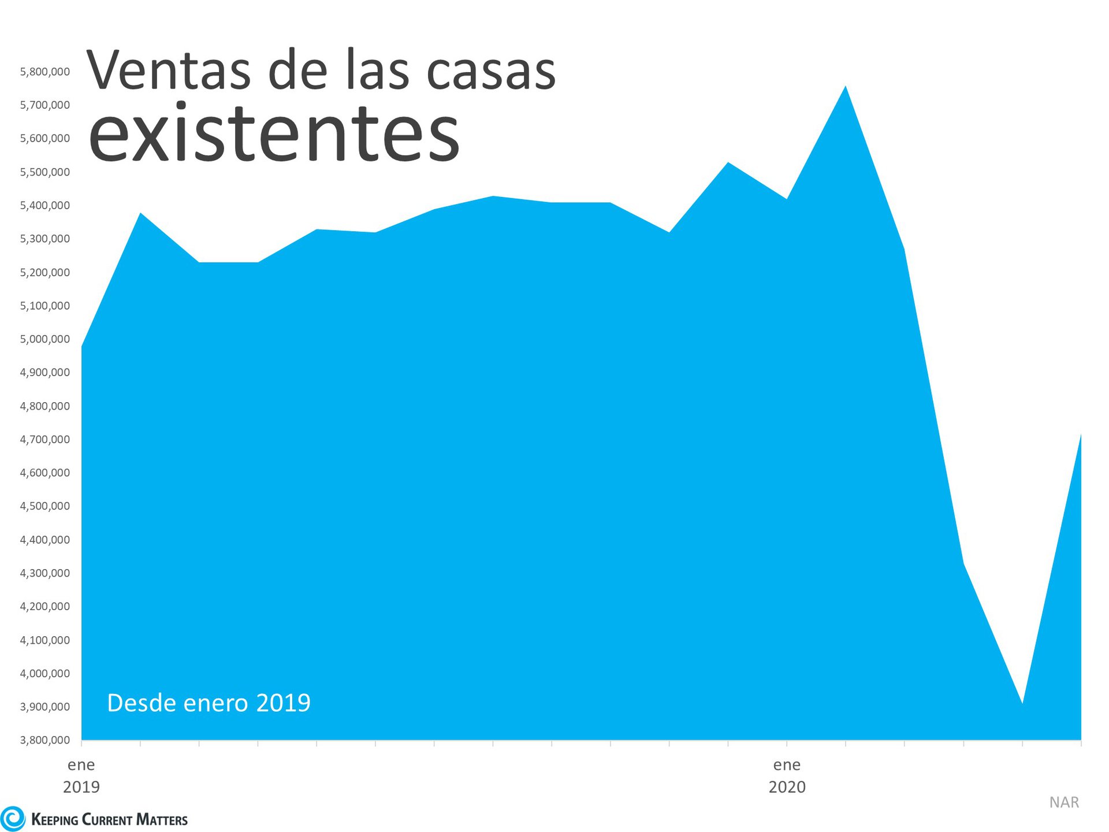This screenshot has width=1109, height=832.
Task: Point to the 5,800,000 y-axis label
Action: pos(44,72)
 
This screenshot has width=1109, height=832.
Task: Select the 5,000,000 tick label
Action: pos(44,339)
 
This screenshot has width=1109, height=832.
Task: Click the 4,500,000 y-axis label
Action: pos(44,506)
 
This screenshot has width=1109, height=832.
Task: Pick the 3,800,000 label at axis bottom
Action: pos(44,740)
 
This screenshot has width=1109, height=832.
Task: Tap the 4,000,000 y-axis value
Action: pos(44,674)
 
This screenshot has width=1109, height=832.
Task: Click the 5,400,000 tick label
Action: pos(44,206)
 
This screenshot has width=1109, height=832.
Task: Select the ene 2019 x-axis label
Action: pos(81,776)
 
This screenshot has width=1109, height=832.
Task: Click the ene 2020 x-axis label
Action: pos(787,776)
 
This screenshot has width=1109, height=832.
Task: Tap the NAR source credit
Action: pos(1064,803)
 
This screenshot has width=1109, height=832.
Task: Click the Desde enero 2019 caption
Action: pos(209,703)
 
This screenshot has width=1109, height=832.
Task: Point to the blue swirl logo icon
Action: pos(13,819)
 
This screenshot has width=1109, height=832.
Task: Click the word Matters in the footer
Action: pos(162,820)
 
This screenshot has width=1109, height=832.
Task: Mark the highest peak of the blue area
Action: pos(846,87)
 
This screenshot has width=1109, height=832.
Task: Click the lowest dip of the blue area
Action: pos(1022,703)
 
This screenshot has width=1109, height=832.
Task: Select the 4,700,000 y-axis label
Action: pos(44,440)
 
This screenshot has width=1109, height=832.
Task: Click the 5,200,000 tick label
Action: pos(44,273)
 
